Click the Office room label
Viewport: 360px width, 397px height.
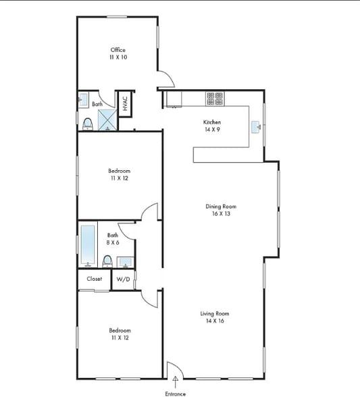(118, 50)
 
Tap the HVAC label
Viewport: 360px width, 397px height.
(125, 104)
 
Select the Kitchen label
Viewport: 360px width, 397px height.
(212, 122)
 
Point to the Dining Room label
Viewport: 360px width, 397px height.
(221, 207)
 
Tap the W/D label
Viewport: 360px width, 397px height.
(123, 279)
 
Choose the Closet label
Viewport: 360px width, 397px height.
(95, 278)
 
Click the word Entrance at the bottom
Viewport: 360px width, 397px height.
(176, 393)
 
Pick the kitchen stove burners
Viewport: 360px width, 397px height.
(214, 99)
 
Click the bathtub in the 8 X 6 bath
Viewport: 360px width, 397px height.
(88, 244)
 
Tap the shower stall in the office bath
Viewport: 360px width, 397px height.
(108, 120)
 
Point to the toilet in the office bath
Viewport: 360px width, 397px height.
(87, 124)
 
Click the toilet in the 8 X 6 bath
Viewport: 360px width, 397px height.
(107, 261)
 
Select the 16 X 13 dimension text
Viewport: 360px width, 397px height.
(221, 214)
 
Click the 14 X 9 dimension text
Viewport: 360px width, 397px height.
(212, 130)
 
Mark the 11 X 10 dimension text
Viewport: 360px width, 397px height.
(118, 57)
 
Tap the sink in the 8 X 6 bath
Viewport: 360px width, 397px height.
(125, 261)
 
